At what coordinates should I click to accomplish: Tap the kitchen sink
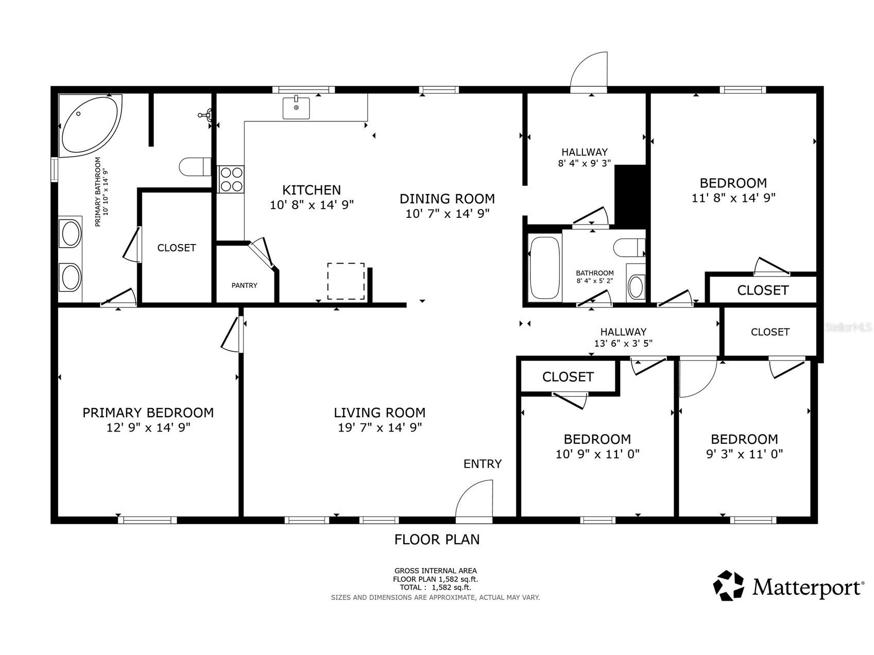coord(296,108)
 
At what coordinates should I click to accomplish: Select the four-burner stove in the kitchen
coord(231,179)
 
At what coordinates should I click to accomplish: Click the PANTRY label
coord(244,285)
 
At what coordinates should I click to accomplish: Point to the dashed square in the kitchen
coord(346,281)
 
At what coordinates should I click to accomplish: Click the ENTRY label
coord(482,464)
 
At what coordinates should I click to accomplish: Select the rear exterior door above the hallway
coord(590,72)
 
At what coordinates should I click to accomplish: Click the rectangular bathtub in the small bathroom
coord(545,267)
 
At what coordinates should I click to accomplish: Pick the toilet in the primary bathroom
coord(195,166)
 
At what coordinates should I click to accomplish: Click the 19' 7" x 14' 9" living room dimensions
coord(380,427)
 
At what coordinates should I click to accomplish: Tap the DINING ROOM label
coord(447,199)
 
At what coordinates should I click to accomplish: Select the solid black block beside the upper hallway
coord(631,195)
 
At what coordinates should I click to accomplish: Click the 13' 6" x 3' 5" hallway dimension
coord(623,344)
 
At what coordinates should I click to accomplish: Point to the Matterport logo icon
coord(728,585)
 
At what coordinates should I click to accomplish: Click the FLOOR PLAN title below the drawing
coord(437,540)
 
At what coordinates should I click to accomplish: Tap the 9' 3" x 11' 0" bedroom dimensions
coord(744,454)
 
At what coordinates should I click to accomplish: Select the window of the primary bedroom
coord(147,520)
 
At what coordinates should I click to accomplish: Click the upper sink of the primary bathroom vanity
coord(70,234)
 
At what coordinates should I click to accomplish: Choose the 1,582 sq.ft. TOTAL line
coord(436,587)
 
